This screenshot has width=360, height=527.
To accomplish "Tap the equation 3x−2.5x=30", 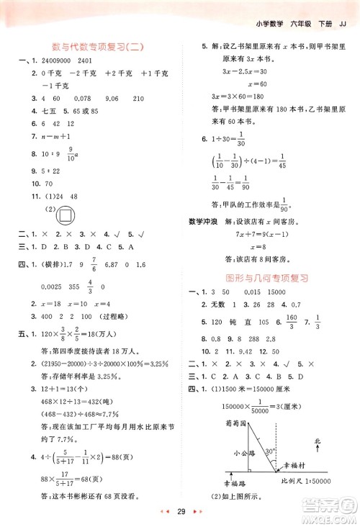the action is click(x=242, y=71).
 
